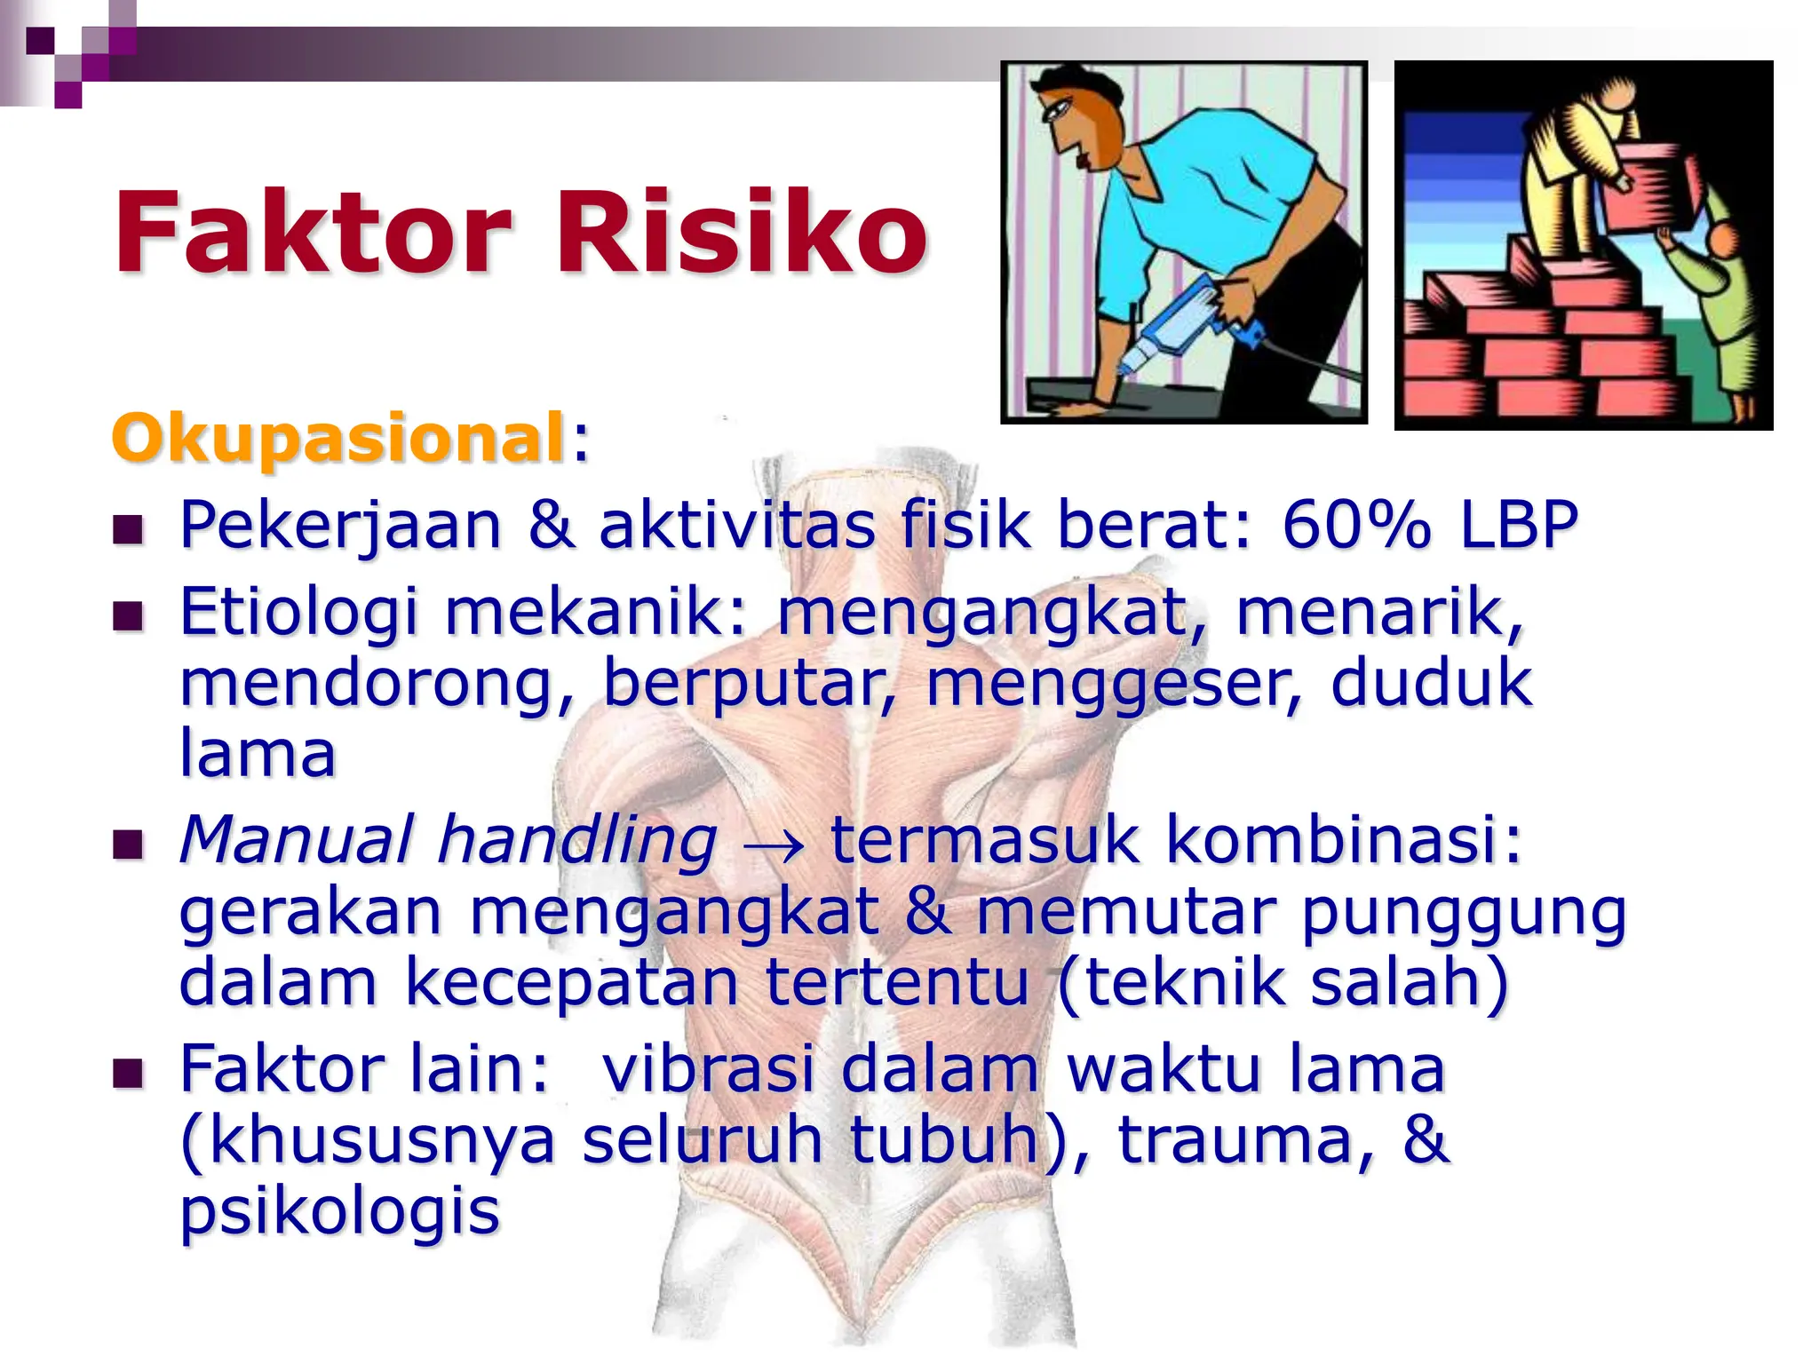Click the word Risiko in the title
pyautogui.click(x=742, y=233)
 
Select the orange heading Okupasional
pyautogui.click(x=338, y=438)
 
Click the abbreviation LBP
pyautogui.click(x=1519, y=524)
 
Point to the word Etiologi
pyautogui.click(x=298, y=613)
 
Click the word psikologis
pyautogui.click(x=340, y=1211)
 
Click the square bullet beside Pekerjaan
pyautogui.click(x=129, y=529)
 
